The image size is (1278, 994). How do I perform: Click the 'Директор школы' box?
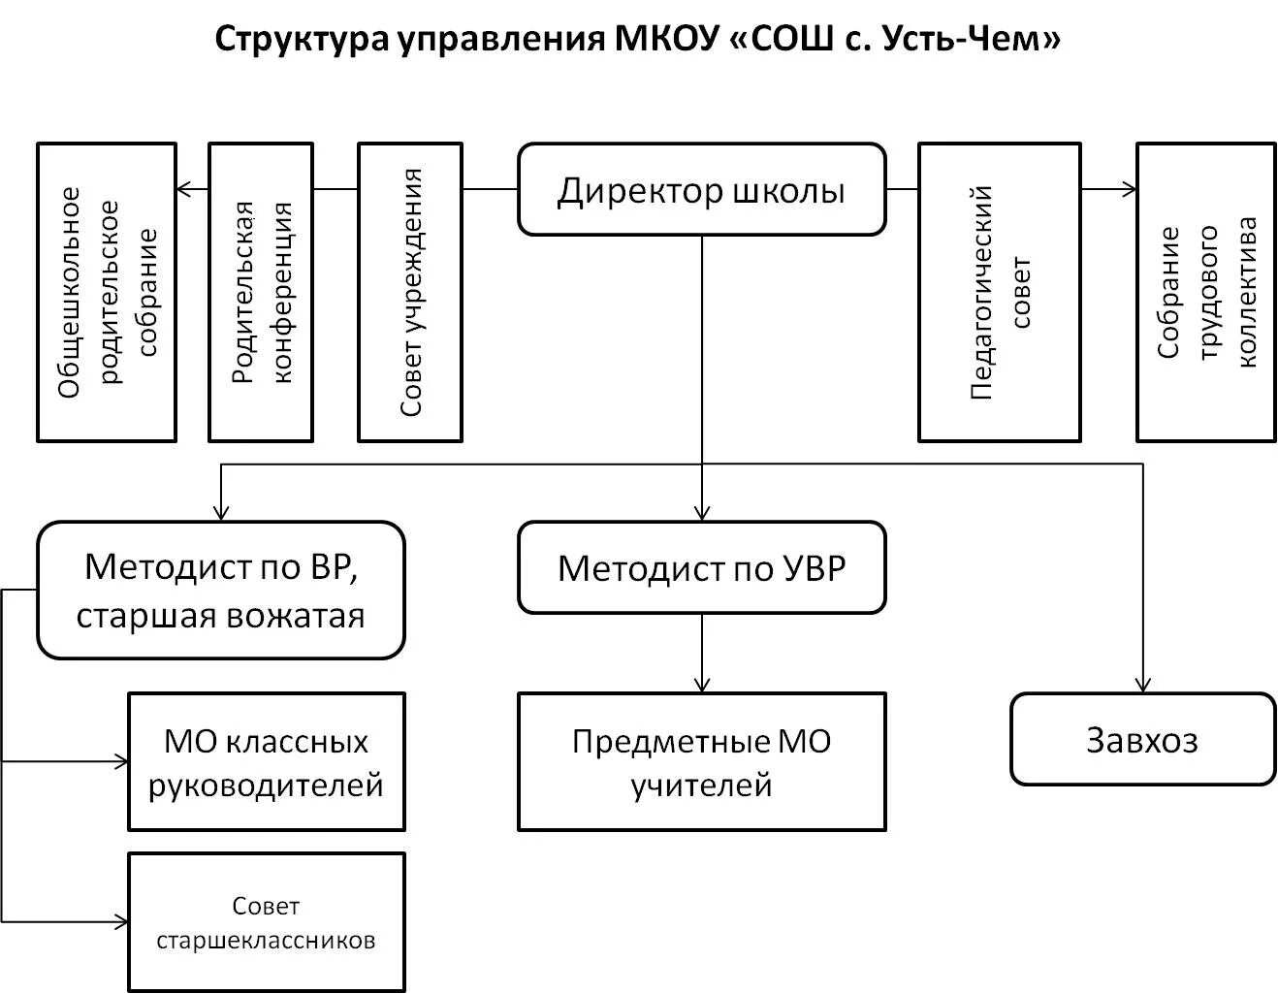click(x=701, y=190)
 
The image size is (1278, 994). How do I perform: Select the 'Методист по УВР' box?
click(x=701, y=567)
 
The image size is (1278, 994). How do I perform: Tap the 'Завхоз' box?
click(x=1142, y=739)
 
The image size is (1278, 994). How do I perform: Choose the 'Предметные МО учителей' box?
click(x=701, y=761)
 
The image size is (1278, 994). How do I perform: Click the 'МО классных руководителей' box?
click(x=266, y=761)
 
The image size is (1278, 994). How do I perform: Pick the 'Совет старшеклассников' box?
click(x=266, y=922)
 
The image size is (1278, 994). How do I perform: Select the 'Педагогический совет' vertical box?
click(x=999, y=292)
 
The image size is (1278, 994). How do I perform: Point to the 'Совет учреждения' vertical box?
click(x=410, y=292)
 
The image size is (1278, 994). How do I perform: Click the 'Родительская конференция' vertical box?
click(x=261, y=292)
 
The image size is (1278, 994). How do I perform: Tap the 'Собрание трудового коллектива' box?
click(x=1205, y=292)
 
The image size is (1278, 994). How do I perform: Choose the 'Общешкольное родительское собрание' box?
click(x=107, y=292)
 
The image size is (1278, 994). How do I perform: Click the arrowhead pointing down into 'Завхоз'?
click(x=1144, y=685)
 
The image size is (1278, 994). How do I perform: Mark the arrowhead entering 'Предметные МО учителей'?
click(x=702, y=685)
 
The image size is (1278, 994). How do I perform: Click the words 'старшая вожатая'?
click(x=220, y=617)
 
